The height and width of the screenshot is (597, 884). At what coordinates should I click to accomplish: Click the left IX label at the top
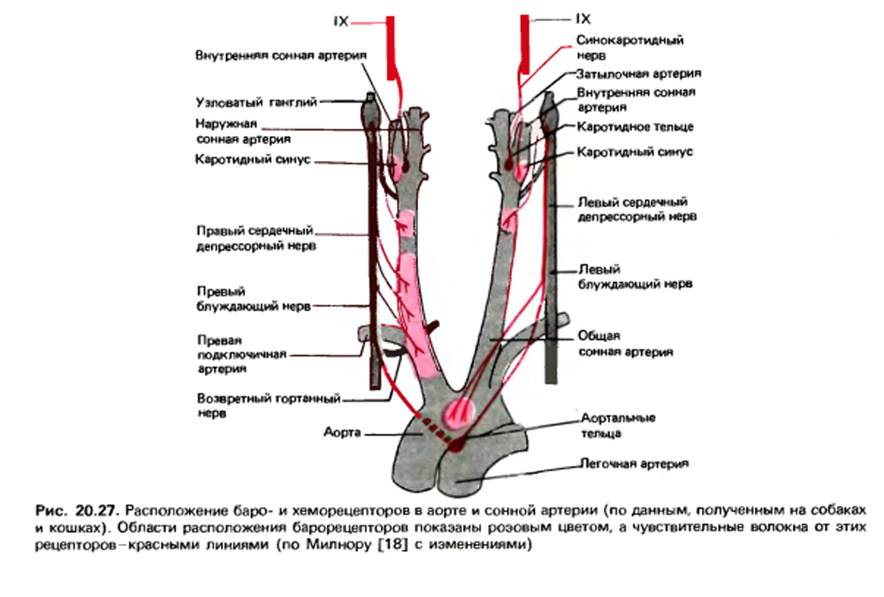click(x=341, y=21)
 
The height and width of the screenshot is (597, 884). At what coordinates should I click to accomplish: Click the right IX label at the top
click(x=583, y=19)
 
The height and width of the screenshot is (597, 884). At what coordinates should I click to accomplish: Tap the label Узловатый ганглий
click(x=256, y=102)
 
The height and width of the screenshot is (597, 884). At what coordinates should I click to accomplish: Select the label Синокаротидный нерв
click(x=629, y=48)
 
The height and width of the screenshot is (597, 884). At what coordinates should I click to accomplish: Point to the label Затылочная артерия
click(x=639, y=73)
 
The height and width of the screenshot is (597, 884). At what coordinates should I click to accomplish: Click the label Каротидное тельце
click(x=635, y=127)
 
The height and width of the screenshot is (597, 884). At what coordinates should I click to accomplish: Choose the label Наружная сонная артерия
click(x=243, y=131)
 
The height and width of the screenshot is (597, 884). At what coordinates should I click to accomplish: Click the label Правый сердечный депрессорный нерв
click(x=255, y=238)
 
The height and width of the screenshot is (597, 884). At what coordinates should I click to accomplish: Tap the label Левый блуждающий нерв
click(x=635, y=277)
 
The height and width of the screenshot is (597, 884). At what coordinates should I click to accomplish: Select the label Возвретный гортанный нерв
click(x=269, y=406)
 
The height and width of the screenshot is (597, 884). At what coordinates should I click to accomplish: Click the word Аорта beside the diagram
click(x=341, y=432)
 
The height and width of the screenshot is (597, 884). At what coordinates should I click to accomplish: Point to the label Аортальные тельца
click(x=618, y=425)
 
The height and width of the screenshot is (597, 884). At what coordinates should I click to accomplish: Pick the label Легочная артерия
click(x=635, y=463)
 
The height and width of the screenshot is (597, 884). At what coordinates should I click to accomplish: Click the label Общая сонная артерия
click(x=625, y=344)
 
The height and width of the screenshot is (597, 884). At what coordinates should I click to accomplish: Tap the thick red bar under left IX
click(x=390, y=49)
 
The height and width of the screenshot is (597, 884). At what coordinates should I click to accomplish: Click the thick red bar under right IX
click(x=525, y=45)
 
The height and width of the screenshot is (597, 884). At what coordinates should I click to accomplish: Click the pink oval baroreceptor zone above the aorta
click(x=460, y=414)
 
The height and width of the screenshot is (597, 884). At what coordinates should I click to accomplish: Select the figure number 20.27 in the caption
click(x=96, y=510)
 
